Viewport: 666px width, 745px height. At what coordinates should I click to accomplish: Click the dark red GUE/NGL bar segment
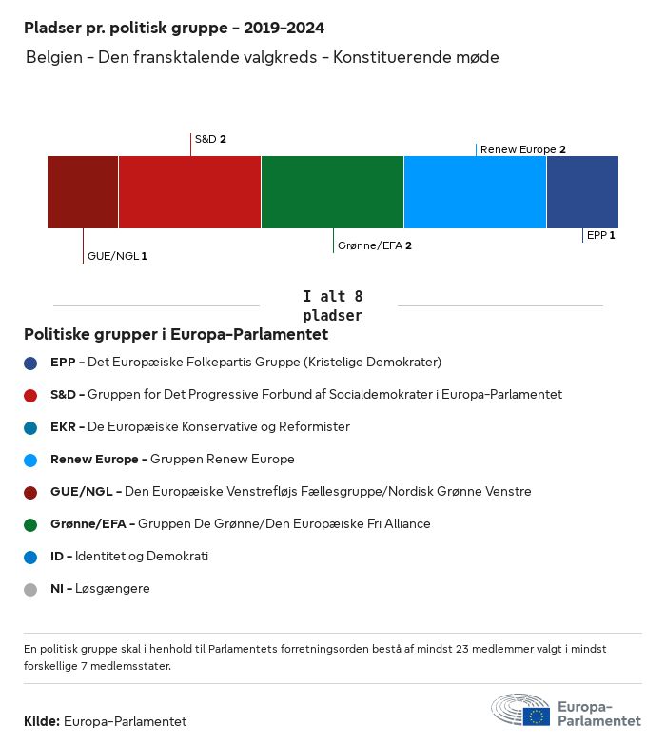[83, 192]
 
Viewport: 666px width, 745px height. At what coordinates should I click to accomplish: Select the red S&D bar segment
[189, 192]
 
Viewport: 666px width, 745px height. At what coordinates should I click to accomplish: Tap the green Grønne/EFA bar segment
[332, 192]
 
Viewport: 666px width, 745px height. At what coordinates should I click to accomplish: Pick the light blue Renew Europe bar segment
[475, 192]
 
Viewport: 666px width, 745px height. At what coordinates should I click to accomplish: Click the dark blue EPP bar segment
[582, 192]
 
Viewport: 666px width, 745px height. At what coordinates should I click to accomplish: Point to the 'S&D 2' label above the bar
[210, 139]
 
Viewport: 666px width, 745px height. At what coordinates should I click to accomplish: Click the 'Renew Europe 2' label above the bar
[523, 149]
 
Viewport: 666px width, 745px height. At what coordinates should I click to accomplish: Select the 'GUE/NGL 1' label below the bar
[117, 256]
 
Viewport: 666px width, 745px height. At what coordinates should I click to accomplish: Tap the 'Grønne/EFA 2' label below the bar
[374, 245]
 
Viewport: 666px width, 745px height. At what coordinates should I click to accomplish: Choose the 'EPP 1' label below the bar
[601, 234]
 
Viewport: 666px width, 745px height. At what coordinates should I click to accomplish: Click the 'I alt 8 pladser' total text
[332, 305]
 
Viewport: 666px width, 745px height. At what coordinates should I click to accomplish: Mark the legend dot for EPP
[30, 363]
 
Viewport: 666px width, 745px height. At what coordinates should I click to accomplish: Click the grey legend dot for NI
[30, 589]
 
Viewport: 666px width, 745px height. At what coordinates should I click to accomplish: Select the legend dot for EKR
[30, 427]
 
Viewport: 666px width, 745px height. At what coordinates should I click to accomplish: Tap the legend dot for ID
[30, 557]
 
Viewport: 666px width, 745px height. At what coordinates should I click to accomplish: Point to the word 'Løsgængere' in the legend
[118, 589]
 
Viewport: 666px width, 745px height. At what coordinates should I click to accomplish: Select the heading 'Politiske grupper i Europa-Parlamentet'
[176, 334]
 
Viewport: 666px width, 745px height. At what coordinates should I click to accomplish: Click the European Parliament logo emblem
[520, 710]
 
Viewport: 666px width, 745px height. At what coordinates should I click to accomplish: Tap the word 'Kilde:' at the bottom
[42, 721]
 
